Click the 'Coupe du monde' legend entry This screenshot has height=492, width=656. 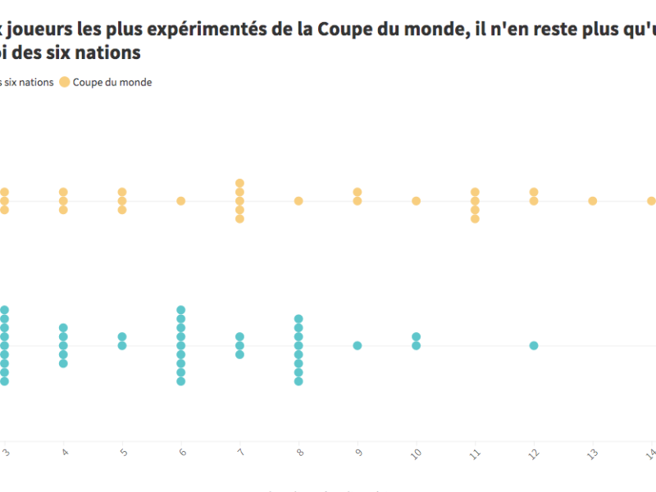pos(112,82)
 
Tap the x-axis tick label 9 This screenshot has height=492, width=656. pos(358,453)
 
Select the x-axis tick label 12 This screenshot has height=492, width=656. pos(534,453)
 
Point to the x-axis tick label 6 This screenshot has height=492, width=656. pos(181,453)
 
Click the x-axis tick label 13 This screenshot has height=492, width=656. pos(593,453)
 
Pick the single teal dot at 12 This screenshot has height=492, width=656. pos(534,345)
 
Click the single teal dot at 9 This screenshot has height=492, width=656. pos(358,345)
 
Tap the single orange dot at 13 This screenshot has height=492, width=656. pos(593,201)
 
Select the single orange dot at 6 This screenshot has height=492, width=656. pos(181,201)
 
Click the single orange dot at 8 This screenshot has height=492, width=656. pos(298,201)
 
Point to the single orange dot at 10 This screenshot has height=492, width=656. pos(417,201)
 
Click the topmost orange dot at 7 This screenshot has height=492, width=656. pos(240,183)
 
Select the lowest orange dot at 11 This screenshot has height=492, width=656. pos(475,218)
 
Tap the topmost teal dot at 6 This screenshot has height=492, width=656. pos(181,310)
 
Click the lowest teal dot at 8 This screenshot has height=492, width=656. pos(298,380)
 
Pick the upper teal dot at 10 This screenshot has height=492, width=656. pos(417,337)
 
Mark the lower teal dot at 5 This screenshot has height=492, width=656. pos(122,345)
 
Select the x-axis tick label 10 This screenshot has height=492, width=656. pos(417,453)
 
